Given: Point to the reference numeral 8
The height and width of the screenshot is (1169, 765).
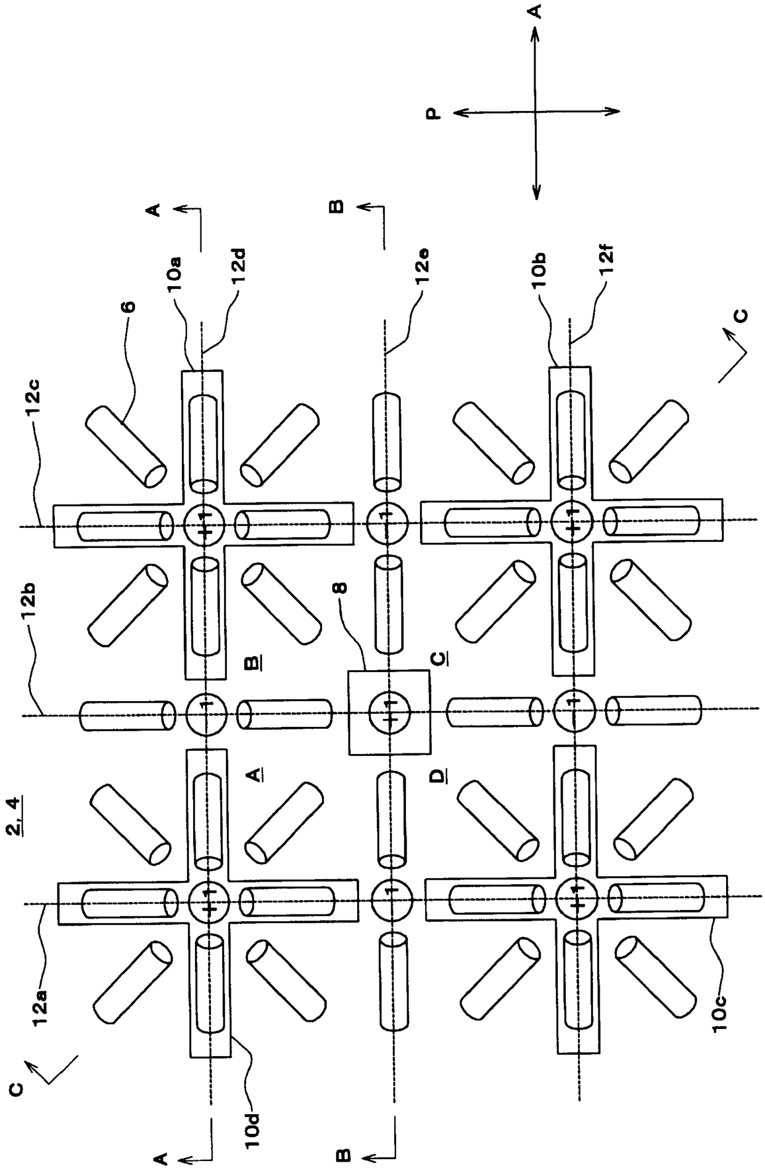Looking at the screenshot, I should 341,583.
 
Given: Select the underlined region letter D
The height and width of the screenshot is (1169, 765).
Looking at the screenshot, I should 437,774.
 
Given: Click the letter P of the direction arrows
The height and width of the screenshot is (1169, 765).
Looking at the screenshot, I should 434,113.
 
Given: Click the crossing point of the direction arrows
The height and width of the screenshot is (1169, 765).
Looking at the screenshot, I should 534,112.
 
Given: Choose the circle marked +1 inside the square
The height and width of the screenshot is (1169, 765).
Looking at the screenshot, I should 389,712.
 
